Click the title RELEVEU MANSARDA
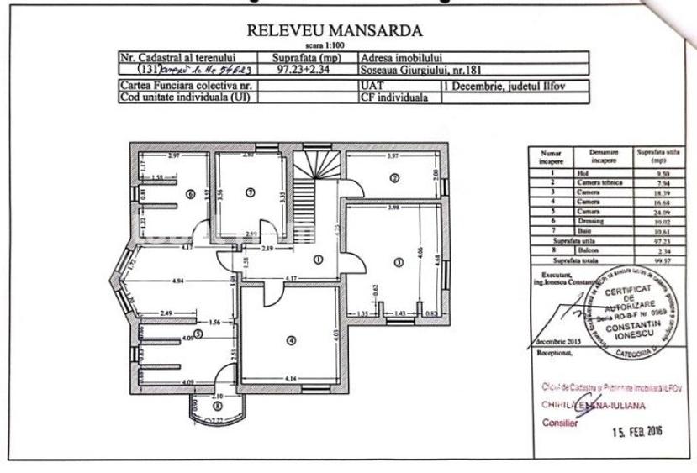click(336, 33)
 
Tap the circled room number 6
click(190, 194)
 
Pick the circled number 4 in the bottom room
click(290, 340)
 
